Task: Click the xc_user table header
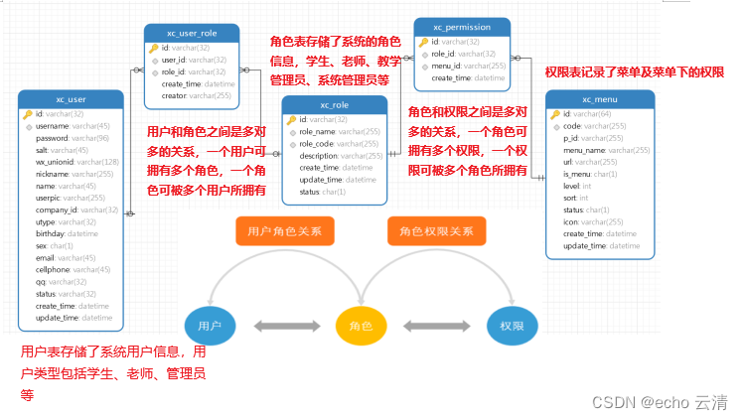[x=72, y=99]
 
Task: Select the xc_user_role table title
[x=192, y=33]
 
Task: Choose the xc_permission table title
[x=461, y=27]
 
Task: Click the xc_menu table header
[x=600, y=99]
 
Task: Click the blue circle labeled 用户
[x=209, y=326]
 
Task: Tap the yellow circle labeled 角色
[x=360, y=326]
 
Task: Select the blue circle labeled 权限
[x=512, y=326]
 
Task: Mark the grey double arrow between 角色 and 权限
[x=436, y=326]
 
